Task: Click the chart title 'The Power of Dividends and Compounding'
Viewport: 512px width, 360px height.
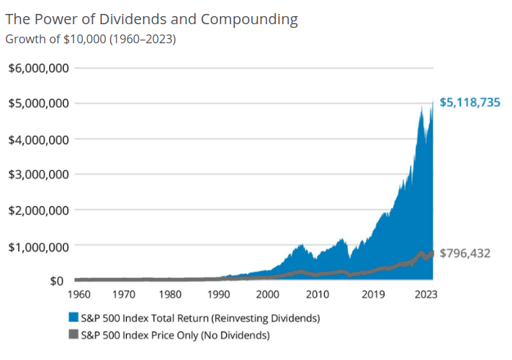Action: (152, 19)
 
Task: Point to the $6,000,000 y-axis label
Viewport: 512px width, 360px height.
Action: (39, 68)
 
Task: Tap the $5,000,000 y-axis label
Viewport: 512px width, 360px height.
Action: (39, 103)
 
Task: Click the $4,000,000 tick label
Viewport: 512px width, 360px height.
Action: (39, 139)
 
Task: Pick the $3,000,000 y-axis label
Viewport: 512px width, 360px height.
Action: (39, 175)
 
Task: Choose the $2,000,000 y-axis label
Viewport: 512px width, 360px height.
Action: (39, 210)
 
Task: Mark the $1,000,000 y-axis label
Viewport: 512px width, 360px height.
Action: (39, 246)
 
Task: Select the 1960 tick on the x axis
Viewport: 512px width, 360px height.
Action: (78, 295)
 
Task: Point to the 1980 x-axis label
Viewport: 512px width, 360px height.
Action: (171, 295)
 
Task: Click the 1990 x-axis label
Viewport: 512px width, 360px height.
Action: (219, 295)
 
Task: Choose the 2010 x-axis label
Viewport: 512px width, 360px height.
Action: (317, 295)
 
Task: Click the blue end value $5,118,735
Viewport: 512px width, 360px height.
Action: (470, 103)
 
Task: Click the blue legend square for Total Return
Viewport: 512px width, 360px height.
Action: (73, 318)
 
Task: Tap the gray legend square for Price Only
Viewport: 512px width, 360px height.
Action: (73, 335)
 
